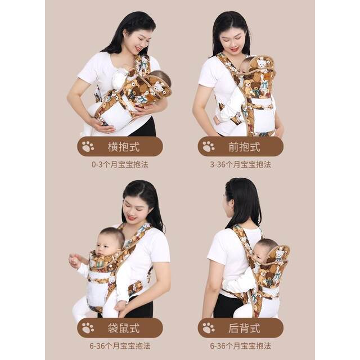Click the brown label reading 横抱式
[120, 146]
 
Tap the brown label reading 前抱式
[240, 146]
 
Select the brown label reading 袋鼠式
[120, 328]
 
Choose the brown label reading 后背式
[240, 328]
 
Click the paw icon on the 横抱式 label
[88, 146]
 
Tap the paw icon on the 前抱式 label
[208, 146]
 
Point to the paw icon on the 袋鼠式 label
[88, 328]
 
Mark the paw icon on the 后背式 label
[208, 328]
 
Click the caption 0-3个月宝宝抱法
[120, 165]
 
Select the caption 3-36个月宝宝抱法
[240, 165]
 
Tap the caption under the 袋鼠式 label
[120, 345]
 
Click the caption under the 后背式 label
[240, 345]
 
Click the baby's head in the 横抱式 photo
[161, 79]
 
